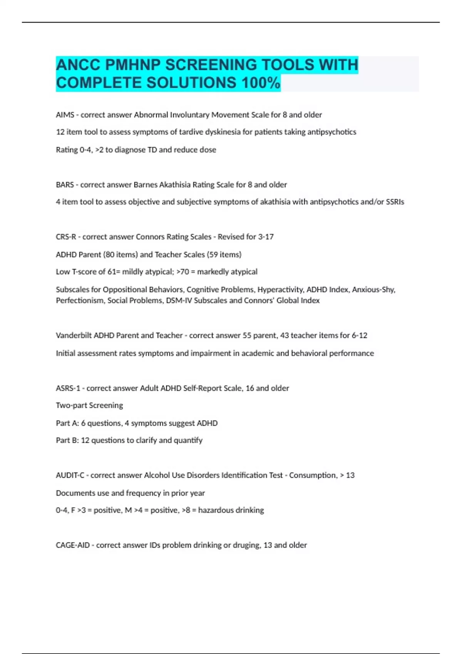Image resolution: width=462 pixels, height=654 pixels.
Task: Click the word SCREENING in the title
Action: coord(209,65)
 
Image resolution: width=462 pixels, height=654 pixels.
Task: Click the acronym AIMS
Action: coord(65,115)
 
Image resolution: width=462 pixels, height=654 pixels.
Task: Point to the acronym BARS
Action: coord(65,185)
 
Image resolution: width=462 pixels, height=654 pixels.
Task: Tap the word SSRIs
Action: coord(395,202)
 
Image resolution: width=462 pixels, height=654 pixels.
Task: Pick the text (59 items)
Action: coord(224,255)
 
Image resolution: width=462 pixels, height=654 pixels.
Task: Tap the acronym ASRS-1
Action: coord(68,388)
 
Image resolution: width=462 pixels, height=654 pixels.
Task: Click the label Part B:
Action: coord(67,440)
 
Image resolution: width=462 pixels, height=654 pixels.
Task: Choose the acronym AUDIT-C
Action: coord(70,475)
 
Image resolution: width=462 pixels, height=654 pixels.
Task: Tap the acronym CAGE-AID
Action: coord(73,545)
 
